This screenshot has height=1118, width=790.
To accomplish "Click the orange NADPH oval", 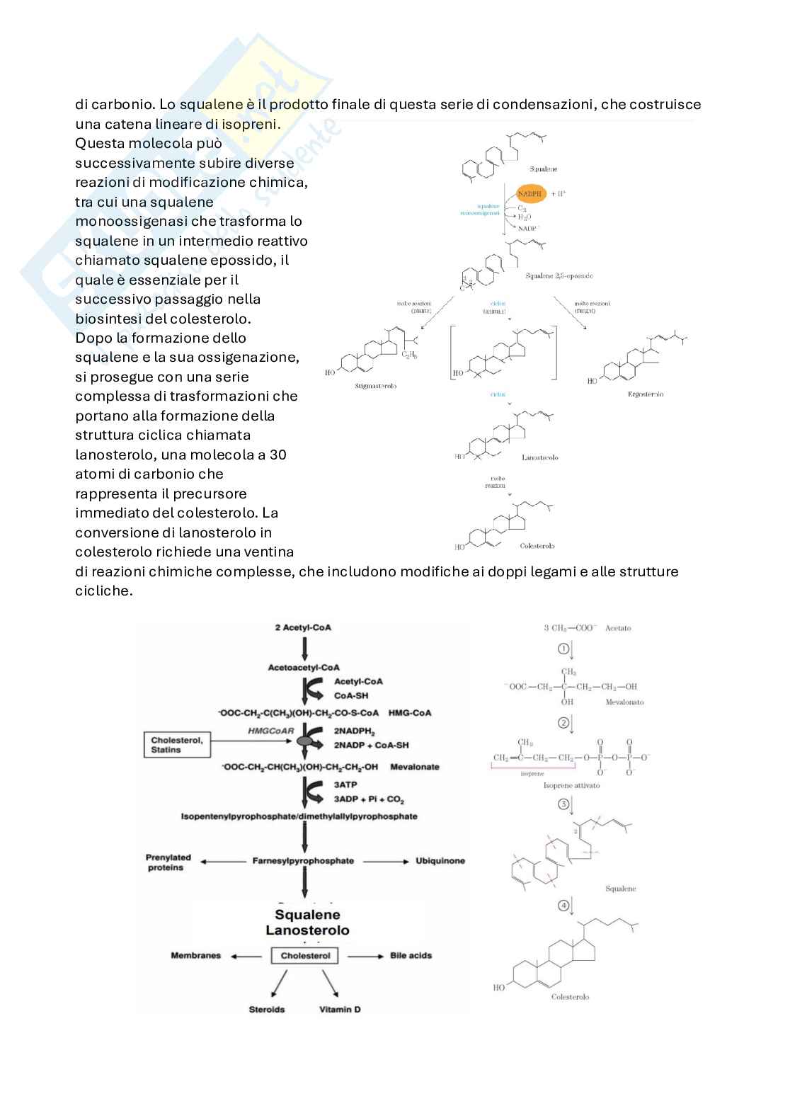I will pyautogui.click(x=529, y=193).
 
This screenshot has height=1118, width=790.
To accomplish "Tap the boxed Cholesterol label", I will pyautogui.click(x=305, y=956).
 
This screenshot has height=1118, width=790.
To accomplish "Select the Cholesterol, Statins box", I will pyautogui.click(x=177, y=745).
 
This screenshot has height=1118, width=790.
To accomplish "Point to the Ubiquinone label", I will pyautogui.click(x=440, y=861).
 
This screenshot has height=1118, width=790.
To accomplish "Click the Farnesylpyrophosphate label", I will pyautogui.click(x=303, y=861).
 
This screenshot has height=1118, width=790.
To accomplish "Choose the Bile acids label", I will pyautogui.click(x=411, y=956).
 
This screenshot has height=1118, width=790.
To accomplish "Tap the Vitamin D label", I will pyautogui.click(x=340, y=1010).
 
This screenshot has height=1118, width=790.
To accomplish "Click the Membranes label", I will pyautogui.click(x=196, y=956).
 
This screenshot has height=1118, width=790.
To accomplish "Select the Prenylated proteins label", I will pyautogui.click(x=168, y=862).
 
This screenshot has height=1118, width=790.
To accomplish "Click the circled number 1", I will pyautogui.click(x=564, y=649).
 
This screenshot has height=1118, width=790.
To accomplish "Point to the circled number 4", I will pyautogui.click(x=564, y=905).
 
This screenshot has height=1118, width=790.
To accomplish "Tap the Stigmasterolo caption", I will pyautogui.click(x=375, y=387).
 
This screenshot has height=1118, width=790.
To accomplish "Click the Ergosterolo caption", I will pyautogui.click(x=645, y=394).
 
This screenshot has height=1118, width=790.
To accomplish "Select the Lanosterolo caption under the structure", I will pyautogui.click(x=539, y=458).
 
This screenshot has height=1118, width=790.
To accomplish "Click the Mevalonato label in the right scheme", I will pyautogui.click(x=624, y=702).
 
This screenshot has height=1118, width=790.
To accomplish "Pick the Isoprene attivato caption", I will pyautogui.click(x=571, y=785).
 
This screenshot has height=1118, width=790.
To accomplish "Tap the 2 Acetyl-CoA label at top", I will pyautogui.click(x=303, y=627).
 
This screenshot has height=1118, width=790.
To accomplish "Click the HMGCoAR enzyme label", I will pyautogui.click(x=271, y=731).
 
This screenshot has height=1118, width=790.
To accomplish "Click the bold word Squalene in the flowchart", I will pyautogui.click(x=307, y=915).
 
